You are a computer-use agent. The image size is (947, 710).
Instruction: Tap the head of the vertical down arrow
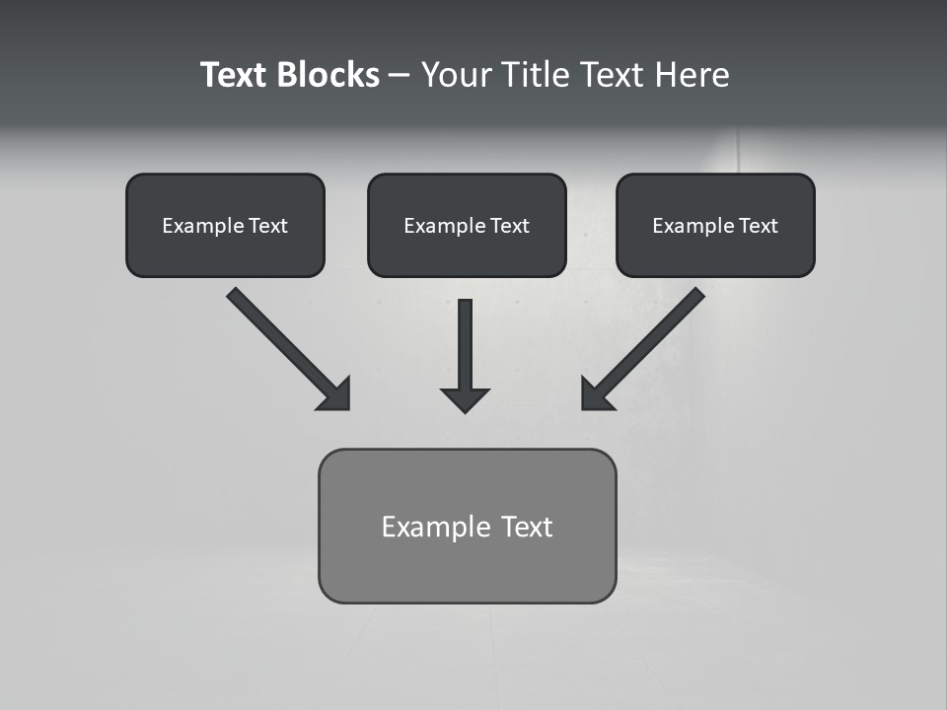click(x=465, y=398)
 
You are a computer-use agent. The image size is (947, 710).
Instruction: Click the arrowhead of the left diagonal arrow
click(x=336, y=395)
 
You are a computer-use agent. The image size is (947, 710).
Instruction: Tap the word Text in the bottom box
click(x=528, y=527)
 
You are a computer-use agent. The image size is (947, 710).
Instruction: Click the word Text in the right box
click(x=759, y=226)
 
